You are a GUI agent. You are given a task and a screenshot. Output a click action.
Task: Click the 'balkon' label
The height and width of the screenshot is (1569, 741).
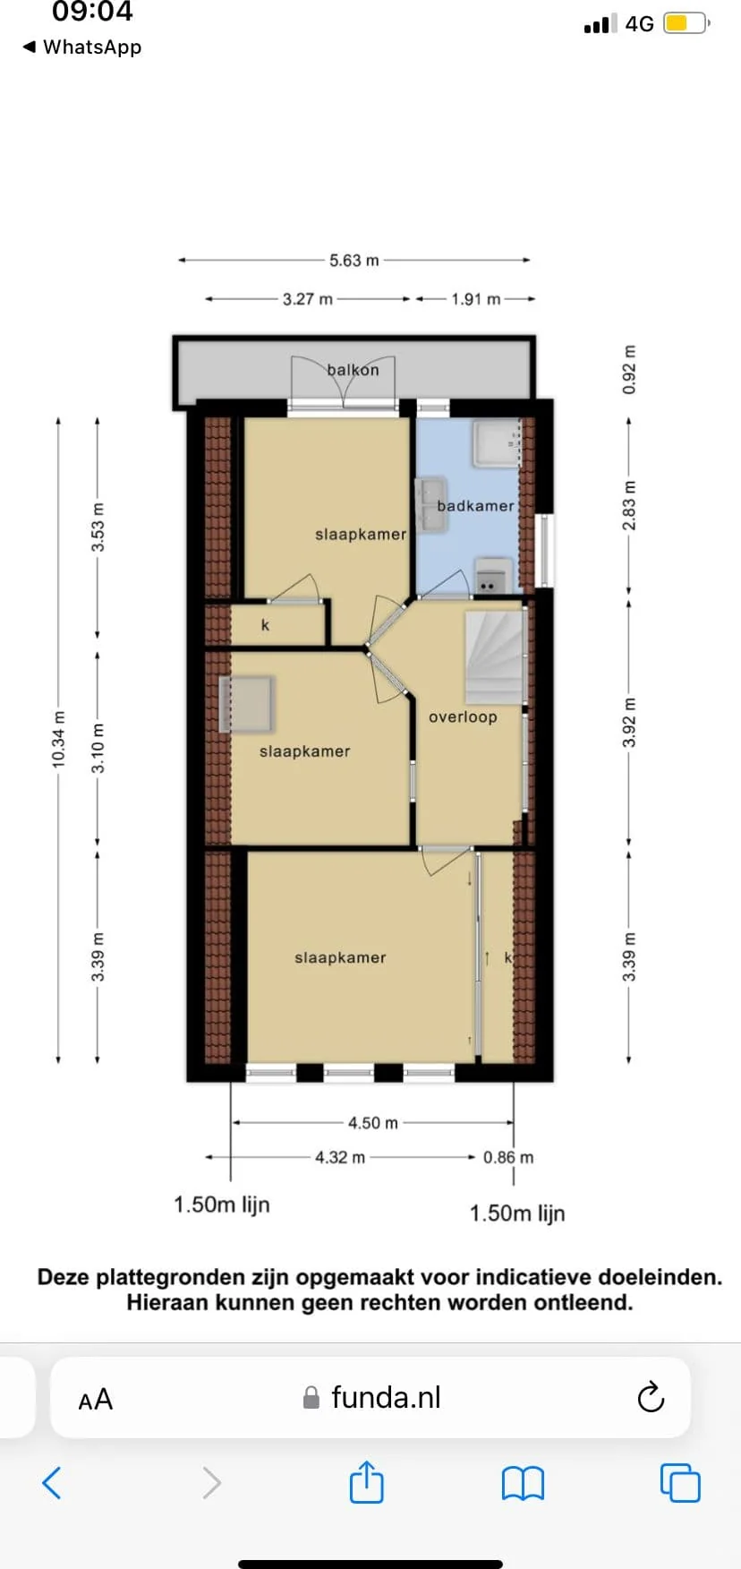(353, 369)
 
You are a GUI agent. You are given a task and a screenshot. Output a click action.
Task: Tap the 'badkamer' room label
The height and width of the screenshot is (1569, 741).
(475, 506)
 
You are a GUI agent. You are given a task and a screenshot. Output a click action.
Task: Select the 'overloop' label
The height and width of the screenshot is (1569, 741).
(463, 716)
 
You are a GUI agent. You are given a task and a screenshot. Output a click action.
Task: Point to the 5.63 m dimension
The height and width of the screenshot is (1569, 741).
(354, 261)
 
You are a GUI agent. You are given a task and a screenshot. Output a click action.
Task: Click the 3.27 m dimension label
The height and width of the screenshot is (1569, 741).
(308, 299)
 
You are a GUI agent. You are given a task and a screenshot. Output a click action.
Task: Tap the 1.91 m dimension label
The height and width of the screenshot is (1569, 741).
(476, 299)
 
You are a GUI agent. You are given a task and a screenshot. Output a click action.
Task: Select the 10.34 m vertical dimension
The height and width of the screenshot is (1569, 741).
(59, 739)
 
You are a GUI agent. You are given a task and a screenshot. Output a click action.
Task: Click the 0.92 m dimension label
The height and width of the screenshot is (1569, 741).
(629, 370)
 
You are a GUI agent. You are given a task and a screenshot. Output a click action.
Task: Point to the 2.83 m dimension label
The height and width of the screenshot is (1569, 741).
(629, 505)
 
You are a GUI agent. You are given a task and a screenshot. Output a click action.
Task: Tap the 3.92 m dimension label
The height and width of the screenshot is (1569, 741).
(629, 722)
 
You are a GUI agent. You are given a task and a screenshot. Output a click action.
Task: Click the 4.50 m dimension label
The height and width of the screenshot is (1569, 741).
(373, 1123)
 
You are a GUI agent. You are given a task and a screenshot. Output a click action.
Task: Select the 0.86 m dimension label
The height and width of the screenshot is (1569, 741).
(508, 1157)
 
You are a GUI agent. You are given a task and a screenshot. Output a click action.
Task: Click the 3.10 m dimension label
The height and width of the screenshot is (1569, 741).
(98, 749)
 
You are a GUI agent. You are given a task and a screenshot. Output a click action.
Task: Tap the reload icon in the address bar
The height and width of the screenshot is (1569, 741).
(651, 1397)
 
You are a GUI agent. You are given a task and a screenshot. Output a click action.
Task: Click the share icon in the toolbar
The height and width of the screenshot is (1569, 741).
(366, 1482)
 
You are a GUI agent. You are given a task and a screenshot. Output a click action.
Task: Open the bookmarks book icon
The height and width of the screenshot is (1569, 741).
(523, 1483)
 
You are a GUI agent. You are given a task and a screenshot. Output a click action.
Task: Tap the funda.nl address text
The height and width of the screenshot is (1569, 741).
(386, 1397)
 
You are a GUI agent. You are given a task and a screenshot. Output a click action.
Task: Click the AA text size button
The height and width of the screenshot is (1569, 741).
(96, 1399)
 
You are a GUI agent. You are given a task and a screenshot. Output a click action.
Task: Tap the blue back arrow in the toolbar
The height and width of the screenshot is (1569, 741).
(52, 1483)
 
